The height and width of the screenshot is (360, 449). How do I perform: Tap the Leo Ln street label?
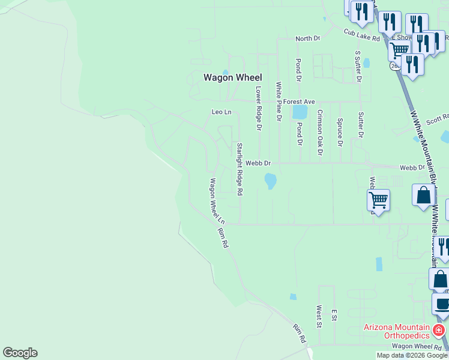pos(221,112)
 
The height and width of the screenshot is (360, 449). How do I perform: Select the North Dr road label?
pos(307,38)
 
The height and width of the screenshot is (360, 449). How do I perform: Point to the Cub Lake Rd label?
pos(362,35)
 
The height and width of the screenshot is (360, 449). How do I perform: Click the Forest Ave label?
pos(300,102)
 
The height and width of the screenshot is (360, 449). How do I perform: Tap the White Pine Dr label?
pos(279,102)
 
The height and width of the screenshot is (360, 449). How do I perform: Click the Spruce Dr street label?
pos(340,132)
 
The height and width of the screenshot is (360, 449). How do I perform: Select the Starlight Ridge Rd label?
pos(239,169)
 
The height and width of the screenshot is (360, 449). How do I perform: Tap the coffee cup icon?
pos(442,304)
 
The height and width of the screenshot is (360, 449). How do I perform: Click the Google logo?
pos(20,353)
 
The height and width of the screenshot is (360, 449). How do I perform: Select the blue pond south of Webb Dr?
pos(270,180)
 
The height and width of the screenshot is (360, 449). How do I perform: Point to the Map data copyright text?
pos(412,355)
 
